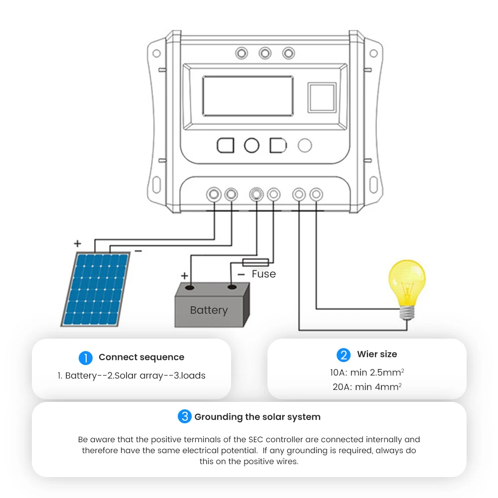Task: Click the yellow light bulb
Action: pos(407,284)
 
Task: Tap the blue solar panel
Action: pos(96,289)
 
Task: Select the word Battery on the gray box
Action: pos(209,310)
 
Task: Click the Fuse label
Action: pos(263,274)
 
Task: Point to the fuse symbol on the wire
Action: pos(255,262)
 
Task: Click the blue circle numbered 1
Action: pos(86,358)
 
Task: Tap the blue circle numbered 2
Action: pos(344,355)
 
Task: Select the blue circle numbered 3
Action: pos(184,417)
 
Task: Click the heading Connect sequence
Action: pos(141,357)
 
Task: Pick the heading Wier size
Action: pos(377,354)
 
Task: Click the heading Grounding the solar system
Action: pos(257,417)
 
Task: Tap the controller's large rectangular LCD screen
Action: pos(248,96)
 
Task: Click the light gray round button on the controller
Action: pos(304,145)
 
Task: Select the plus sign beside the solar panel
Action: pos(77,244)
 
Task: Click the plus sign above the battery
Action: pos(184,275)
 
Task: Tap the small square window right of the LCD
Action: pos(321,98)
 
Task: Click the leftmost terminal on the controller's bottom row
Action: pos(214,194)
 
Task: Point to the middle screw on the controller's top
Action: pos(265,53)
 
